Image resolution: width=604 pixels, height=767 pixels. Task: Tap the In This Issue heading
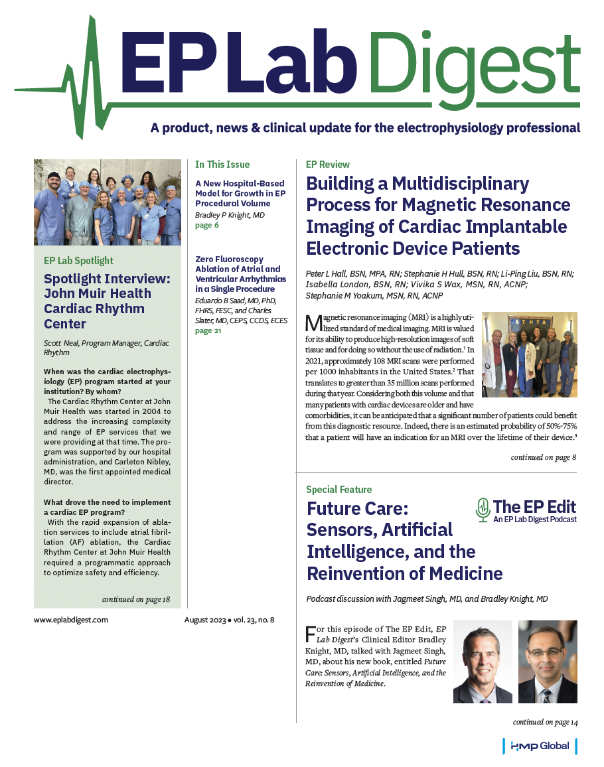222,164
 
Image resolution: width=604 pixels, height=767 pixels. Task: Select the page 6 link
207,226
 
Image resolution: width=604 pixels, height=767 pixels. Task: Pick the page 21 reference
209,330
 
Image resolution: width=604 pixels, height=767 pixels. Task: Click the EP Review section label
328,164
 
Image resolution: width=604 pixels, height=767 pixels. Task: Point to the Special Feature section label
339,490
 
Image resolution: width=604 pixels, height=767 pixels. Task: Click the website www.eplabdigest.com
70,620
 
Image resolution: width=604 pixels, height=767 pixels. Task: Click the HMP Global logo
540,746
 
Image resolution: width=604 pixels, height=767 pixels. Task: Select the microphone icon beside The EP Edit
483,509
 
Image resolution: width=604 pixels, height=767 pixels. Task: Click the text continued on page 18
136,599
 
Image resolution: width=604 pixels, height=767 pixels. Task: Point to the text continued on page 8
544,457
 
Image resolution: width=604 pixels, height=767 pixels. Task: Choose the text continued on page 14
545,721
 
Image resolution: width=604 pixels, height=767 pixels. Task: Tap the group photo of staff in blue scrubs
108,202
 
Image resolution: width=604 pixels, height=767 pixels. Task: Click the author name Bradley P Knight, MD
229,215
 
